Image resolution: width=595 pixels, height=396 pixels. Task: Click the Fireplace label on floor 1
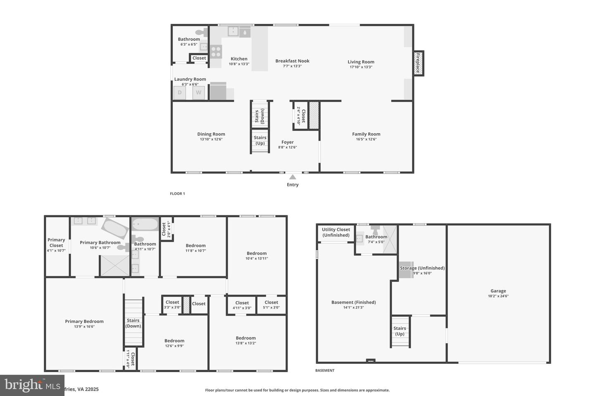418,63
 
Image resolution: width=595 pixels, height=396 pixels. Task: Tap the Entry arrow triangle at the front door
293,177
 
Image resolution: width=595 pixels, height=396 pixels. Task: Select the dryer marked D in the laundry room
180,92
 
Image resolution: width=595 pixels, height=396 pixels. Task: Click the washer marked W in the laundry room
198,92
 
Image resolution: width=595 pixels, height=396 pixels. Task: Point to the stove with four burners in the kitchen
216,52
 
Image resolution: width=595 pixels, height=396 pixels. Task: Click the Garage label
498,291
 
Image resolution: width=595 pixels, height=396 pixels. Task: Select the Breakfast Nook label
292,61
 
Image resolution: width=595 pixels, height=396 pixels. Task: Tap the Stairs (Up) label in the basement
400,331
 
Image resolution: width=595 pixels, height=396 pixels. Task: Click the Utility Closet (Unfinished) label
336,232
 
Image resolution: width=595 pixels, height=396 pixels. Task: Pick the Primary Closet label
56,243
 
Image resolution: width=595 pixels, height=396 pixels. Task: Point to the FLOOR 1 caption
177,193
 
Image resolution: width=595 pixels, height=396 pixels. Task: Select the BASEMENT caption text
325,370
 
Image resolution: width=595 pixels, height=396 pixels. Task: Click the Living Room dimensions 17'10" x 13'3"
361,67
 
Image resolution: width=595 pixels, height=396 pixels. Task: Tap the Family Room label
366,134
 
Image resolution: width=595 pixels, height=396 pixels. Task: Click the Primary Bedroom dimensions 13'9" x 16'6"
84,327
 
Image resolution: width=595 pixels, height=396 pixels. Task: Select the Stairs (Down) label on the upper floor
133,323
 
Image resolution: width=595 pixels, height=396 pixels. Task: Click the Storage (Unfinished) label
422,268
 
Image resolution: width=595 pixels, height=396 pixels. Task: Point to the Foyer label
288,142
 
